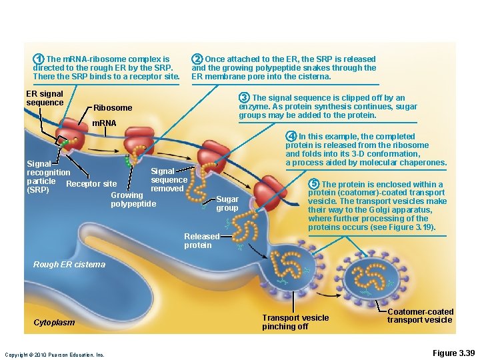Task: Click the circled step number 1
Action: (x=39, y=59)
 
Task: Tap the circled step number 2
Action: (x=197, y=59)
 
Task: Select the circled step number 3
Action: (x=245, y=98)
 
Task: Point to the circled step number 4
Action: (x=291, y=137)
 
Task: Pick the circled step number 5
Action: (x=314, y=184)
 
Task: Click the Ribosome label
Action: (x=113, y=108)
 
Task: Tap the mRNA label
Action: (x=103, y=123)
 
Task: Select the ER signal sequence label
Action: (x=44, y=99)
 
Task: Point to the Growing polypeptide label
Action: (x=133, y=199)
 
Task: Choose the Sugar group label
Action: (x=227, y=203)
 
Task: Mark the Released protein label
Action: (x=201, y=241)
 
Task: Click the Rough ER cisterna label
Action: (x=69, y=265)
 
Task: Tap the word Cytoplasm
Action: (x=54, y=323)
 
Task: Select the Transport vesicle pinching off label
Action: (x=295, y=322)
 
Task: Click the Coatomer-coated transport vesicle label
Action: (x=420, y=316)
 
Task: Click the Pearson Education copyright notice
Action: (x=54, y=355)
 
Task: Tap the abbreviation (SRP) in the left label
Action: (x=37, y=190)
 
